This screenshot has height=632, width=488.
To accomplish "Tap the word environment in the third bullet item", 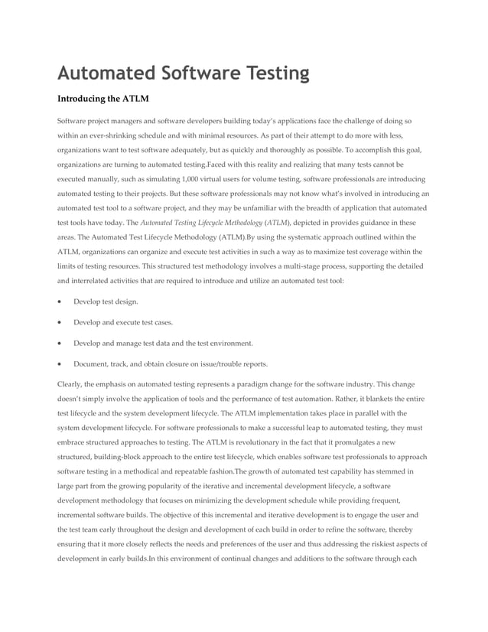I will coord(227,344).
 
